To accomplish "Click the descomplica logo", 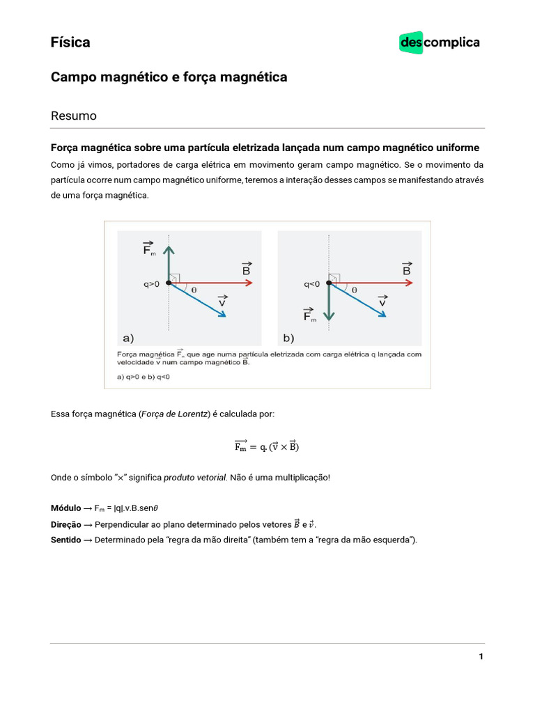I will coord(440,42).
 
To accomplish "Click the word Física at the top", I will coord(70,42).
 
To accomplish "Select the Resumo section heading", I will coord(73,116).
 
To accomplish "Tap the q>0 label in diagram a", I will coord(152,284).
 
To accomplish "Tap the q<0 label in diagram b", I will coord(312,284).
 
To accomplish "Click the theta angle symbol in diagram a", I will coord(194,290).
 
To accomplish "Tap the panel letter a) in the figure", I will coord(128,338).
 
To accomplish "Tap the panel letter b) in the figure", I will coord(288,338).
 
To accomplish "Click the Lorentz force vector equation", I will coord(267,446).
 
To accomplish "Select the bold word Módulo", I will coord(65,508).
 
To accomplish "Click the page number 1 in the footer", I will coord(481,657).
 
